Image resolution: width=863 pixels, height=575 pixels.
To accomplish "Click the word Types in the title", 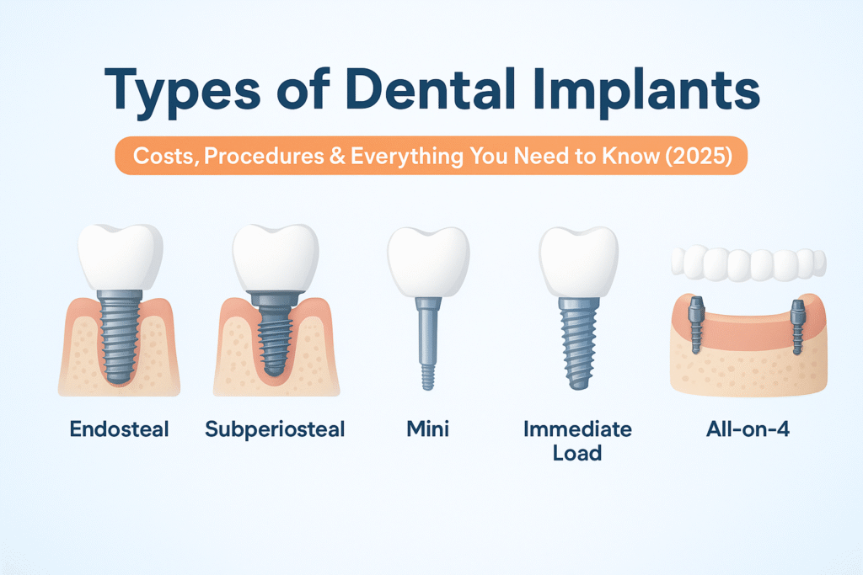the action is tap(182, 91).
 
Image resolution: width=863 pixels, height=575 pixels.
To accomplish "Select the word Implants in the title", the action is tap(647, 91).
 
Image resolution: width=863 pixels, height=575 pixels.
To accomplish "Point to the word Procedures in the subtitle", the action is tap(264, 156).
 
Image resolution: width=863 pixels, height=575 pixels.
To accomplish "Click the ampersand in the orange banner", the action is tap(337, 156).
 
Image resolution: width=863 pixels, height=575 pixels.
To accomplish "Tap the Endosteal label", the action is tap(120, 429).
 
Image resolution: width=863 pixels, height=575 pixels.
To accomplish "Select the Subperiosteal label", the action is tap(276, 429).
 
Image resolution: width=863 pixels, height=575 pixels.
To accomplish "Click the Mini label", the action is tap(427, 429).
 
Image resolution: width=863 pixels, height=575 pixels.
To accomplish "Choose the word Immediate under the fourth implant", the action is tap(578, 429).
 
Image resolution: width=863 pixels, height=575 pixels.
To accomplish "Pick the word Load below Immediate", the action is tap(577, 453).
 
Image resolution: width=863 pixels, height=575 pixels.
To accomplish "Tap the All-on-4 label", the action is tap(748, 429).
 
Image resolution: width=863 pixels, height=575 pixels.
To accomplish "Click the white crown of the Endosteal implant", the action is tap(121, 256).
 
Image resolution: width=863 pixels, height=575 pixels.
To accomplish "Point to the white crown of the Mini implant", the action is tap(428, 262).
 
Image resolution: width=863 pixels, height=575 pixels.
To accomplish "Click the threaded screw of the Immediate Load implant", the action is tap(578, 343).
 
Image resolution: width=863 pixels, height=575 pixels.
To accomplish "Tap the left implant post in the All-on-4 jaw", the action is tap(696, 325).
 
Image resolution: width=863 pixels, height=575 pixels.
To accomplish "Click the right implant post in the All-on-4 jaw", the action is tap(797, 327).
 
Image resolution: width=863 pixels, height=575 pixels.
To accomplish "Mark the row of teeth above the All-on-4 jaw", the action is tap(749, 263).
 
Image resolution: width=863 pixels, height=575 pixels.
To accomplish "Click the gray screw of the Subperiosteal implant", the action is tap(275, 333).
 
